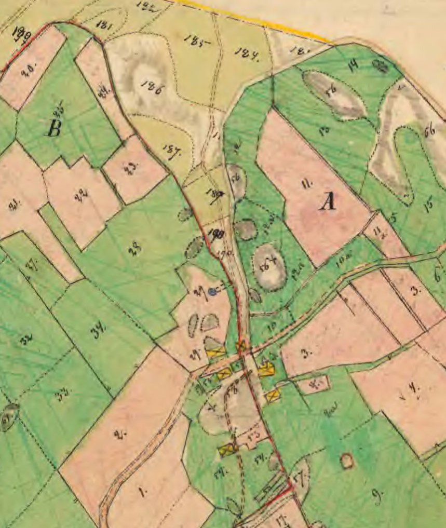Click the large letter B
pyautogui.click(x=55, y=128)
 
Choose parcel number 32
pyautogui.click(x=24, y=340)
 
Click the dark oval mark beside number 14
pyautogui.click(x=381, y=66)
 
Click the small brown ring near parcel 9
pyautogui.click(x=346, y=460)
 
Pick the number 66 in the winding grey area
pyautogui.click(x=429, y=131)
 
